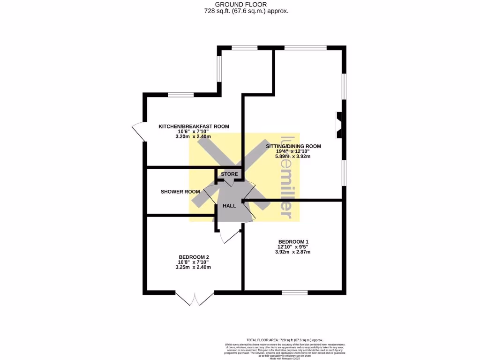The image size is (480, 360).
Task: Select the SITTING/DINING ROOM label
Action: click(x=293, y=146)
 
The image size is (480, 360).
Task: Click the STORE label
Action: click(x=230, y=174)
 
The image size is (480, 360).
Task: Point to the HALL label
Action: click(x=229, y=206)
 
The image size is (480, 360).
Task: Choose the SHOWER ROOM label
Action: click(x=180, y=192)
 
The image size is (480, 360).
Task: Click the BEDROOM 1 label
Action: click(x=293, y=241)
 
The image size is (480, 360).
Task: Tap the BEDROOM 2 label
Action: click(x=194, y=257)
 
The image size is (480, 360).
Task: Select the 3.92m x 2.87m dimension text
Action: click(x=293, y=252)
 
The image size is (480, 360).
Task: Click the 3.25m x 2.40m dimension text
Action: click(x=193, y=267)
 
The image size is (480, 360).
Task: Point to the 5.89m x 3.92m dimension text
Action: click(x=293, y=157)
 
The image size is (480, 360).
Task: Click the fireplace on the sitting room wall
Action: click(x=339, y=125)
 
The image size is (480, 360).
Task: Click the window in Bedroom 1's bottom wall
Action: click(x=295, y=292)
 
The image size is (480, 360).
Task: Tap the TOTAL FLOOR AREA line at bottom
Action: click(x=285, y=340)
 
